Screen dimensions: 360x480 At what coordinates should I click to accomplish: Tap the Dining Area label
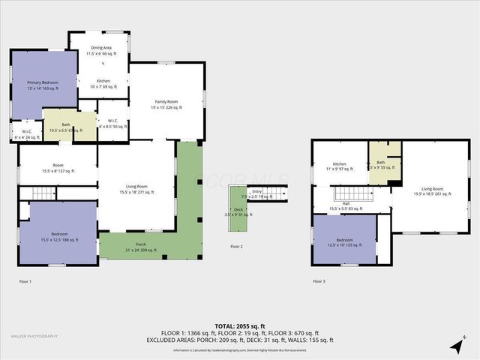(x=103, y=51)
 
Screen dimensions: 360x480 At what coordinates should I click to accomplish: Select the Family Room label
(x=166, y=104)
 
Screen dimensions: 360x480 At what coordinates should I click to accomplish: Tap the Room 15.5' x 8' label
(x=58, y=168)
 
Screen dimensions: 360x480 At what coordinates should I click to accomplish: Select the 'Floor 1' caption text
(x=25, y=281)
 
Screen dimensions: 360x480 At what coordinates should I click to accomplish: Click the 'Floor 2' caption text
(x=237, y=246)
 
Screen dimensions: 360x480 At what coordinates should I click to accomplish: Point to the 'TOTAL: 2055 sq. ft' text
(x=239, y=326)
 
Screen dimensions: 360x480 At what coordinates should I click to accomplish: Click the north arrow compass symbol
(x=455, y=345)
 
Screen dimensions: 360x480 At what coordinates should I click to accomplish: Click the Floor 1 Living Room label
(x=136, y=189)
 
